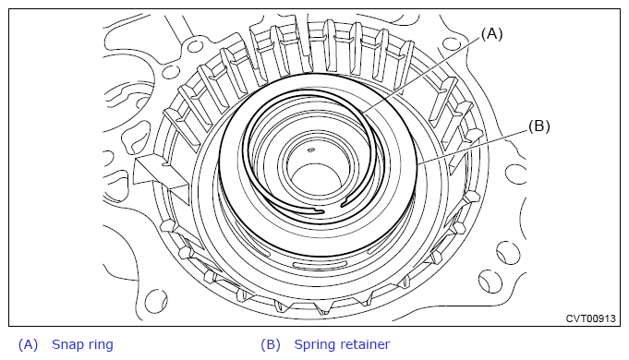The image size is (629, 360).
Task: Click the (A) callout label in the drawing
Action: point(491,34)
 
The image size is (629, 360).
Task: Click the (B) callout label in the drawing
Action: point(539,126)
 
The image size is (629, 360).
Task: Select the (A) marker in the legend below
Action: point(28,344)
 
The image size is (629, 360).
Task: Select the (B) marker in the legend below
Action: point(271,344)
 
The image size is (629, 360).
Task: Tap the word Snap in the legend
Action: point(67,344)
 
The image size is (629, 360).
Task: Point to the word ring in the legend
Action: point(100,344)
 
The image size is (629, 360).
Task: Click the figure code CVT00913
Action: point(590,318)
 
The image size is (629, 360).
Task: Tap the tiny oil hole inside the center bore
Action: point(310,150)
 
